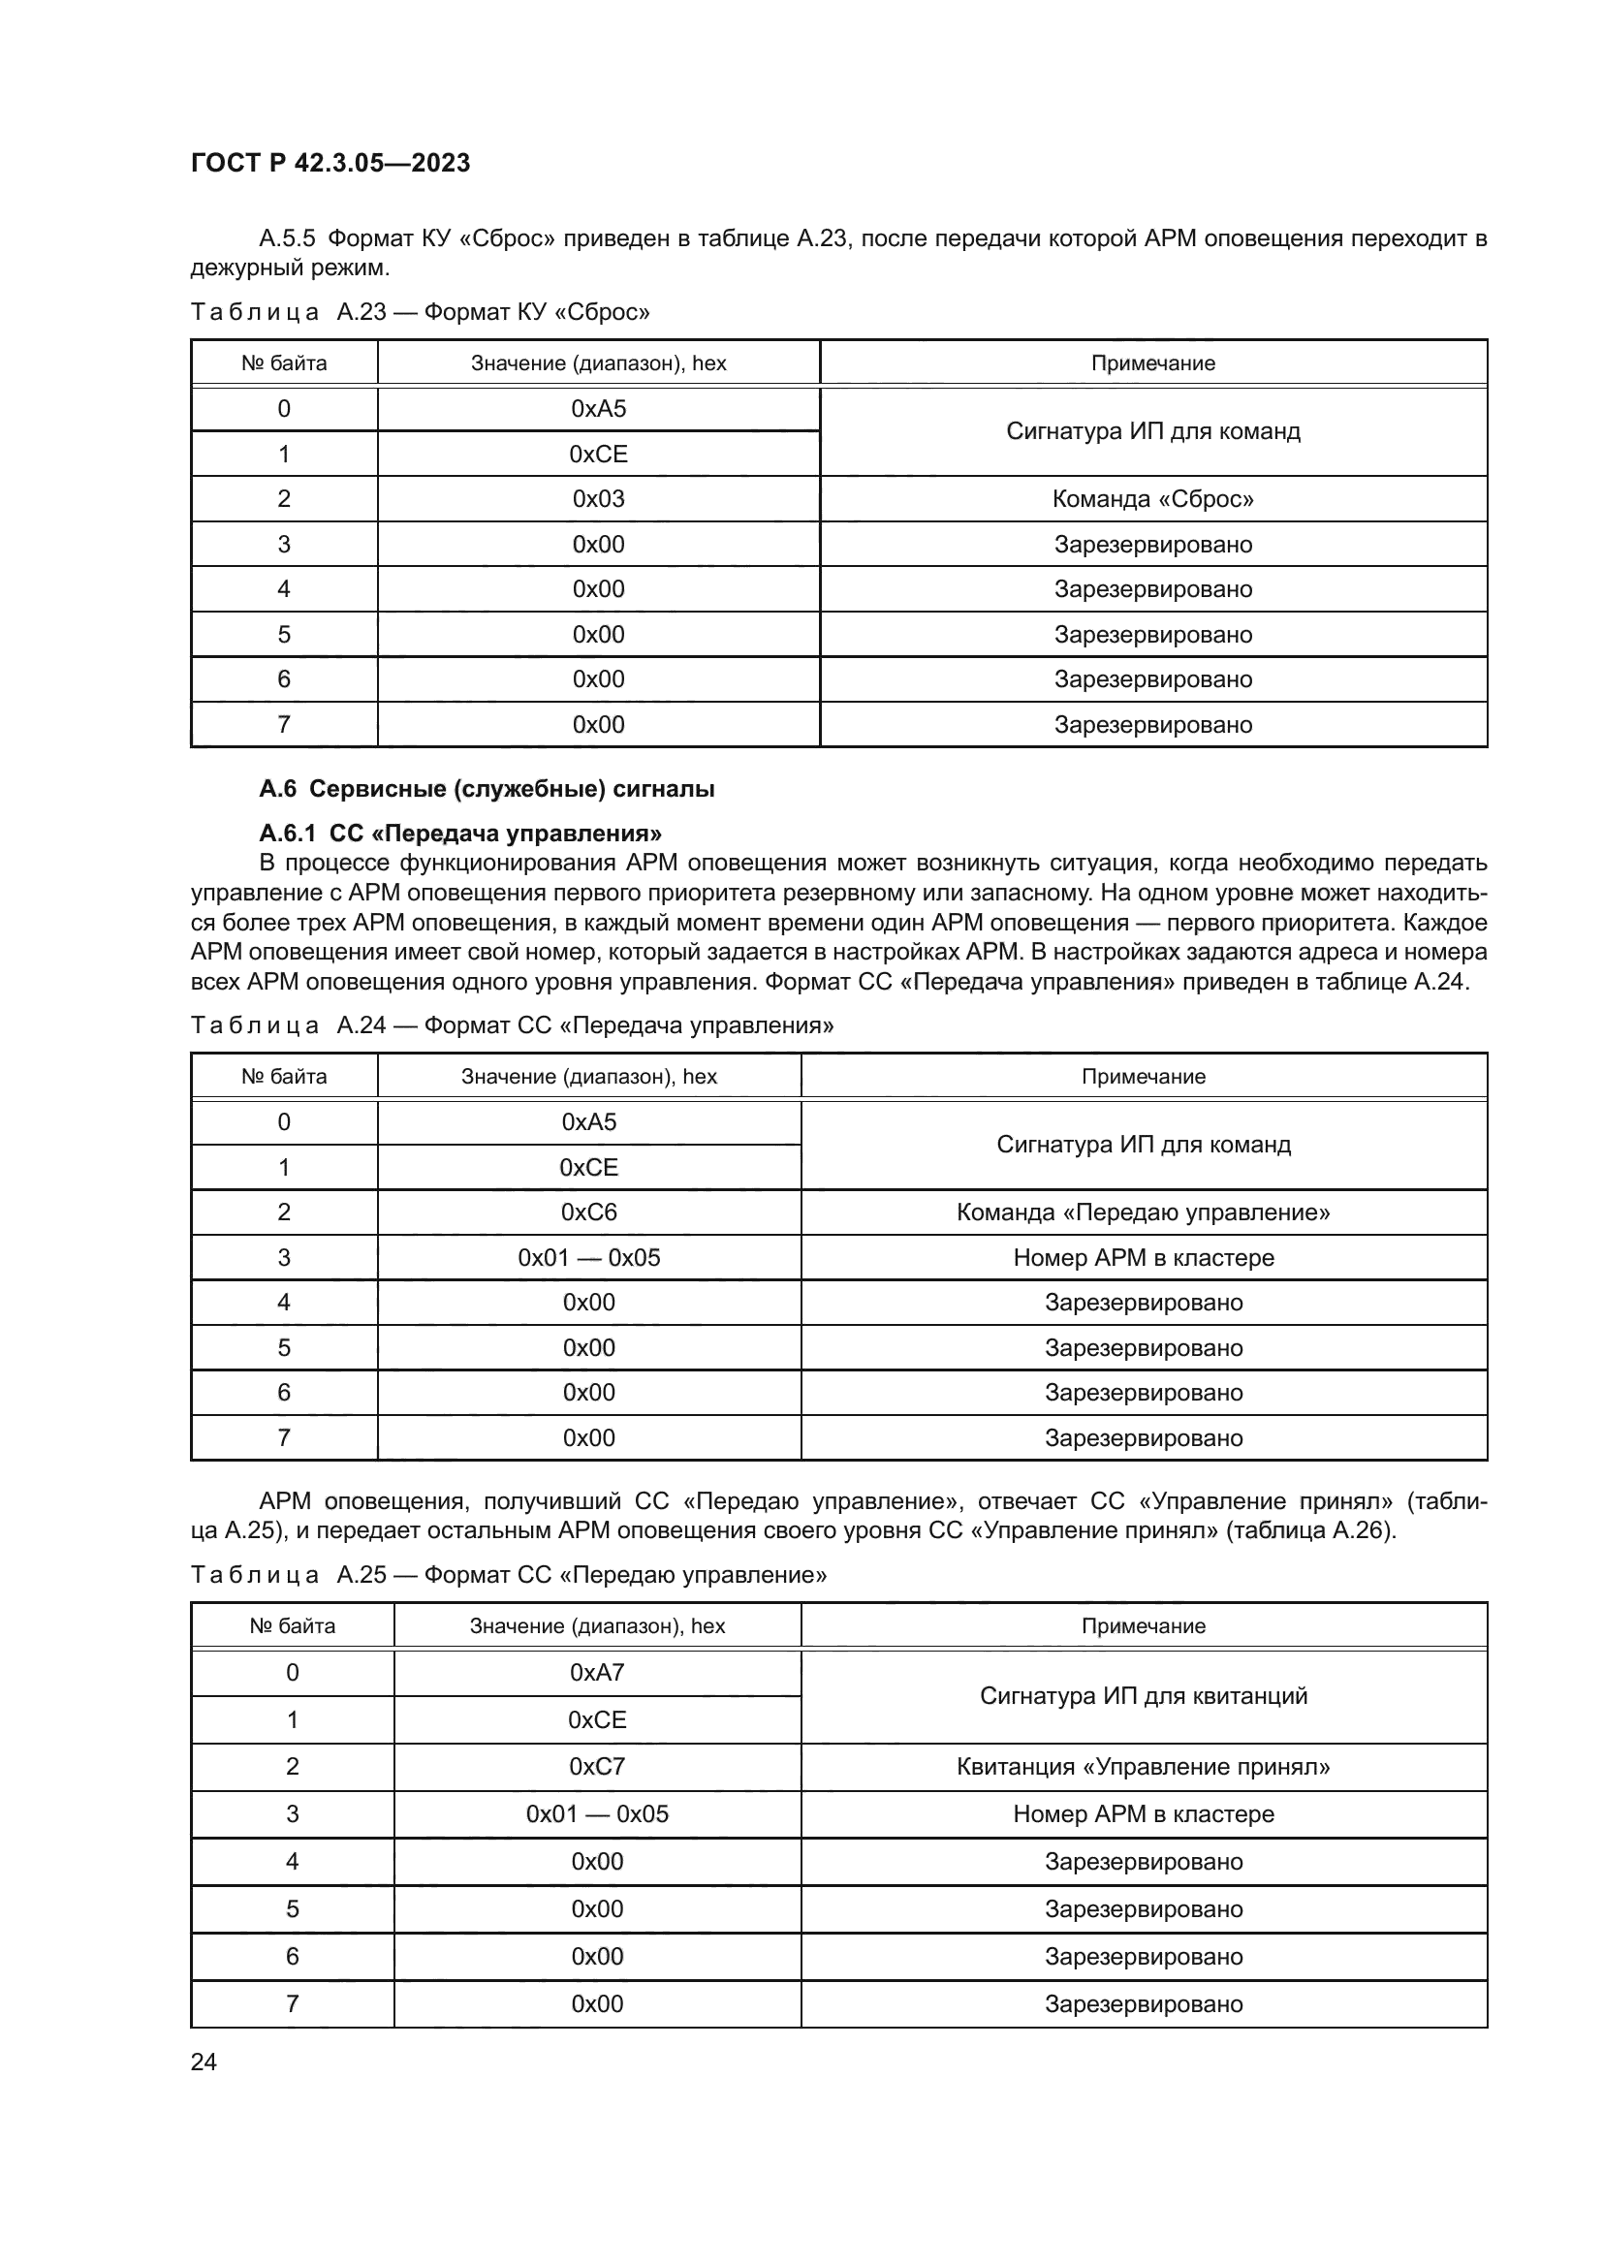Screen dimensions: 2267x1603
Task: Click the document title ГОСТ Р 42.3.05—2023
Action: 330,163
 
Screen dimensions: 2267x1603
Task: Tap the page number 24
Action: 204,2062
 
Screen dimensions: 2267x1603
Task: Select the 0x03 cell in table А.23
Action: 598,498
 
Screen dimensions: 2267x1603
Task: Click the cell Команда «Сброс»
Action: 1152,498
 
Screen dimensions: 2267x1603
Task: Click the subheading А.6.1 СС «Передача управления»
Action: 460,834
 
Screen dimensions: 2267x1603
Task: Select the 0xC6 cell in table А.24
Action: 588,1212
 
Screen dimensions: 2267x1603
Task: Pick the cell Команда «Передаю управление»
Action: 1143,1212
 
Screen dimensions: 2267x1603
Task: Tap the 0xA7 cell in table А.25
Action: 597,1673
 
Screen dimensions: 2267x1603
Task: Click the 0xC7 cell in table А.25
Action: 597,1767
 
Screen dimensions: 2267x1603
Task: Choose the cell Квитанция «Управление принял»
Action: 1143,1767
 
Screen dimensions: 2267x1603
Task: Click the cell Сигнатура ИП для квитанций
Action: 1143,1696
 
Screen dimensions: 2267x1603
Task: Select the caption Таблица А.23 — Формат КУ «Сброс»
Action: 421,312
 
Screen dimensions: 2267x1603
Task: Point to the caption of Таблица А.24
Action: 512,1024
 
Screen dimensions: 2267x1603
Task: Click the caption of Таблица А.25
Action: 509,1575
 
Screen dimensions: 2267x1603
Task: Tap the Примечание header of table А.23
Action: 1152,363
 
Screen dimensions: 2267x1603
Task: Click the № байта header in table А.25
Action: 292,1626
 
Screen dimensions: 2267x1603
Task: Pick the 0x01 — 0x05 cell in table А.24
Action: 588,1257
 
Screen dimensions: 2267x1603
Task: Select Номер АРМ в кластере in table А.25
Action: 1143,1813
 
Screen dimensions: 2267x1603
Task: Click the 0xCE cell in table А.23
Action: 598,455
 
